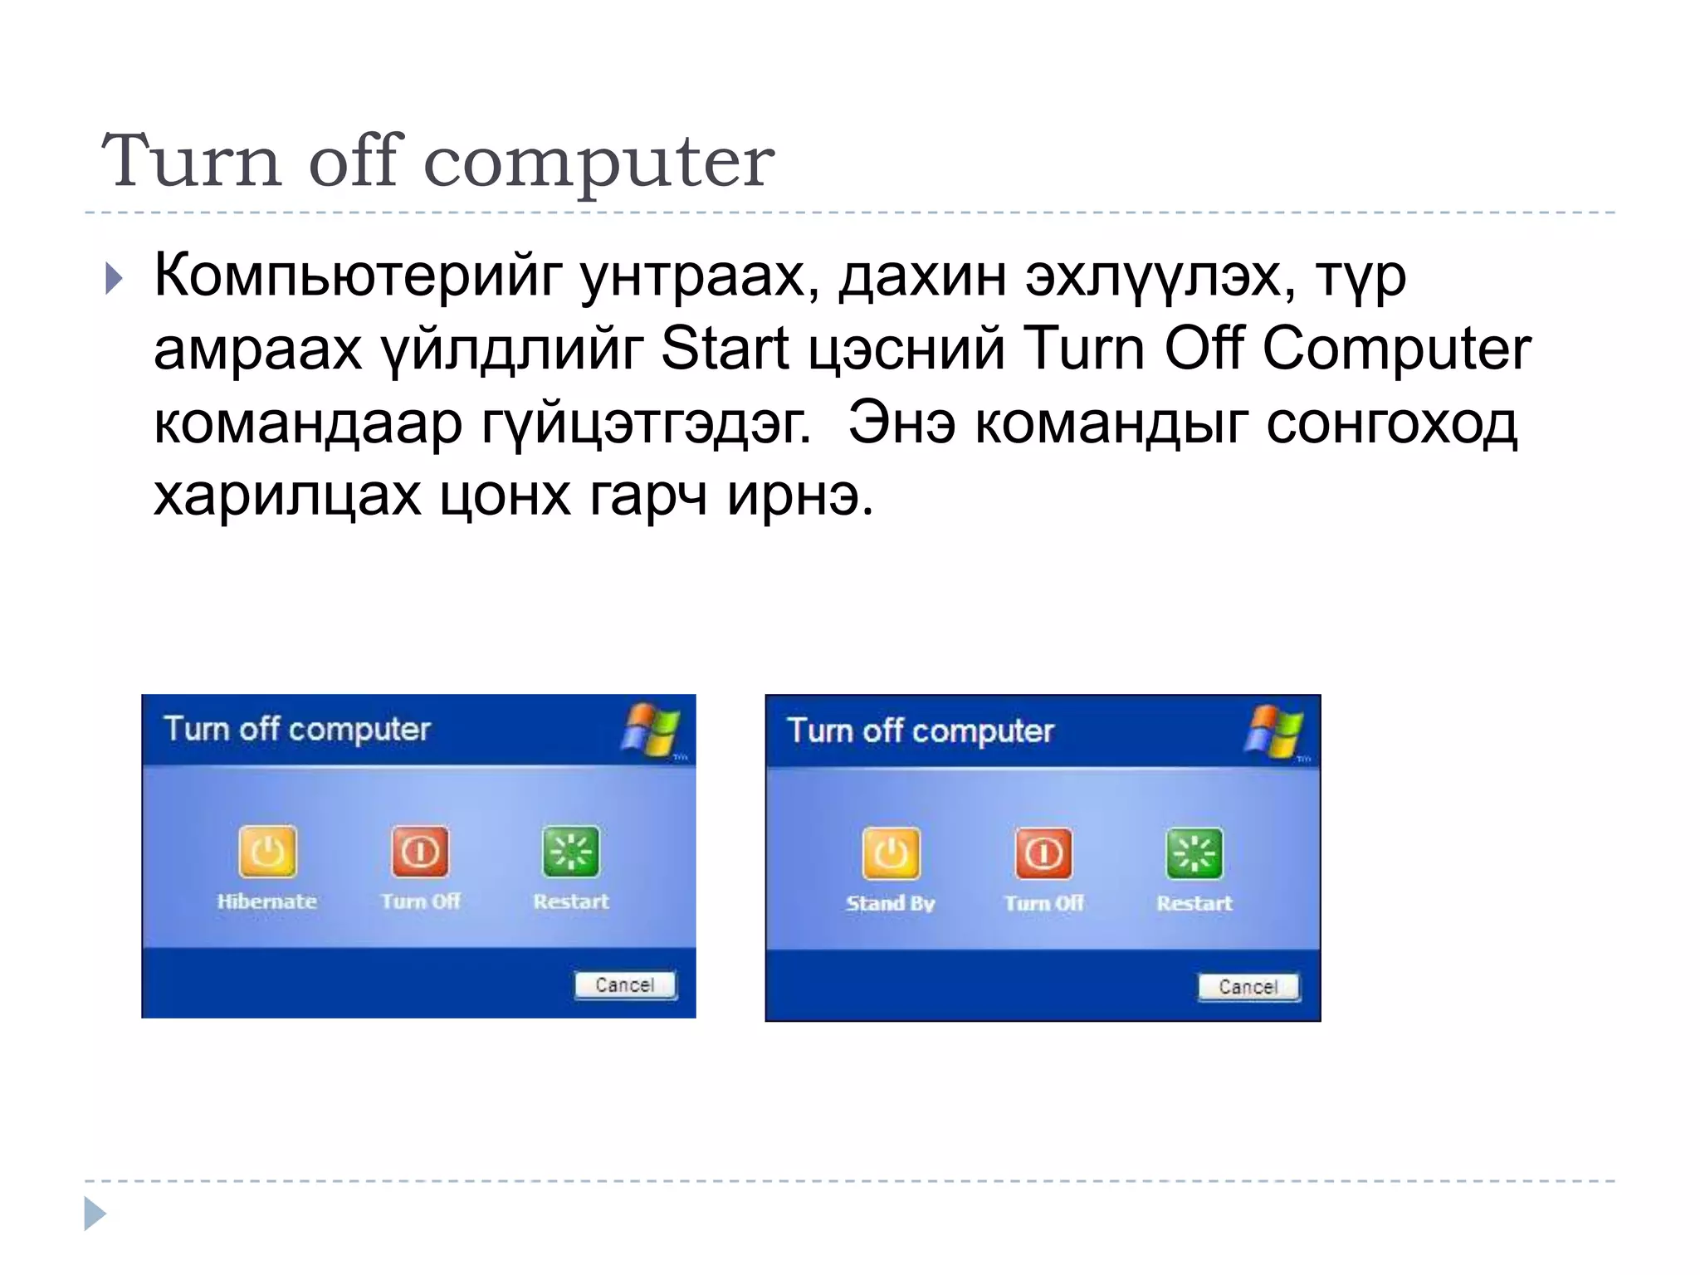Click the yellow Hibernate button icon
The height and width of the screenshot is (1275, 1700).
(x=267, y=852)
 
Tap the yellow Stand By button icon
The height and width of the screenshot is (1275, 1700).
(x=891, y=853)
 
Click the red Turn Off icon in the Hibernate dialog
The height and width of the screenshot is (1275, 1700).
(x=420, y=852)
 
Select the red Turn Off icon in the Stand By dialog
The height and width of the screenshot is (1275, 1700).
(x=1043, y=853)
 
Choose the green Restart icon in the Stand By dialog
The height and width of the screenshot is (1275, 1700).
(x=1194, y=853)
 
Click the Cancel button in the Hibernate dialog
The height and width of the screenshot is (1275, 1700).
(x=625, y=984)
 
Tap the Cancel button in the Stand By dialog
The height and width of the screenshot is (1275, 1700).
(x=1248, y=987)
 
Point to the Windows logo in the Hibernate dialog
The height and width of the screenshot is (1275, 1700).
(x=652, y=730)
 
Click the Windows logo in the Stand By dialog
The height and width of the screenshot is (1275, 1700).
(x=1275, y=731)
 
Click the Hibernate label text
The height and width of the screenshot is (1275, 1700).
(x=267, y=901)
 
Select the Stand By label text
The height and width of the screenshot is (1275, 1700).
(x=891, y=903)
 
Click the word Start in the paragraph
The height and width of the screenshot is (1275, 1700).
(x=724, y=349)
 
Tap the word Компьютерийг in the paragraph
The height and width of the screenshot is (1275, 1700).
(x=358, y=276)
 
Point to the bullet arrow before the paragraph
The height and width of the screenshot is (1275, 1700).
(x=115, y=279)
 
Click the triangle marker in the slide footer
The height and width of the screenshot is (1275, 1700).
(x=95, y=1214)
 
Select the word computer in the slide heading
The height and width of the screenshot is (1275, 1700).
(x=599, y=161)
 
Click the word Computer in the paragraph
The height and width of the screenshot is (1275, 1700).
(x=1396, y=349)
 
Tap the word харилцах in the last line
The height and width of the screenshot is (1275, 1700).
(x=287, y=496)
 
